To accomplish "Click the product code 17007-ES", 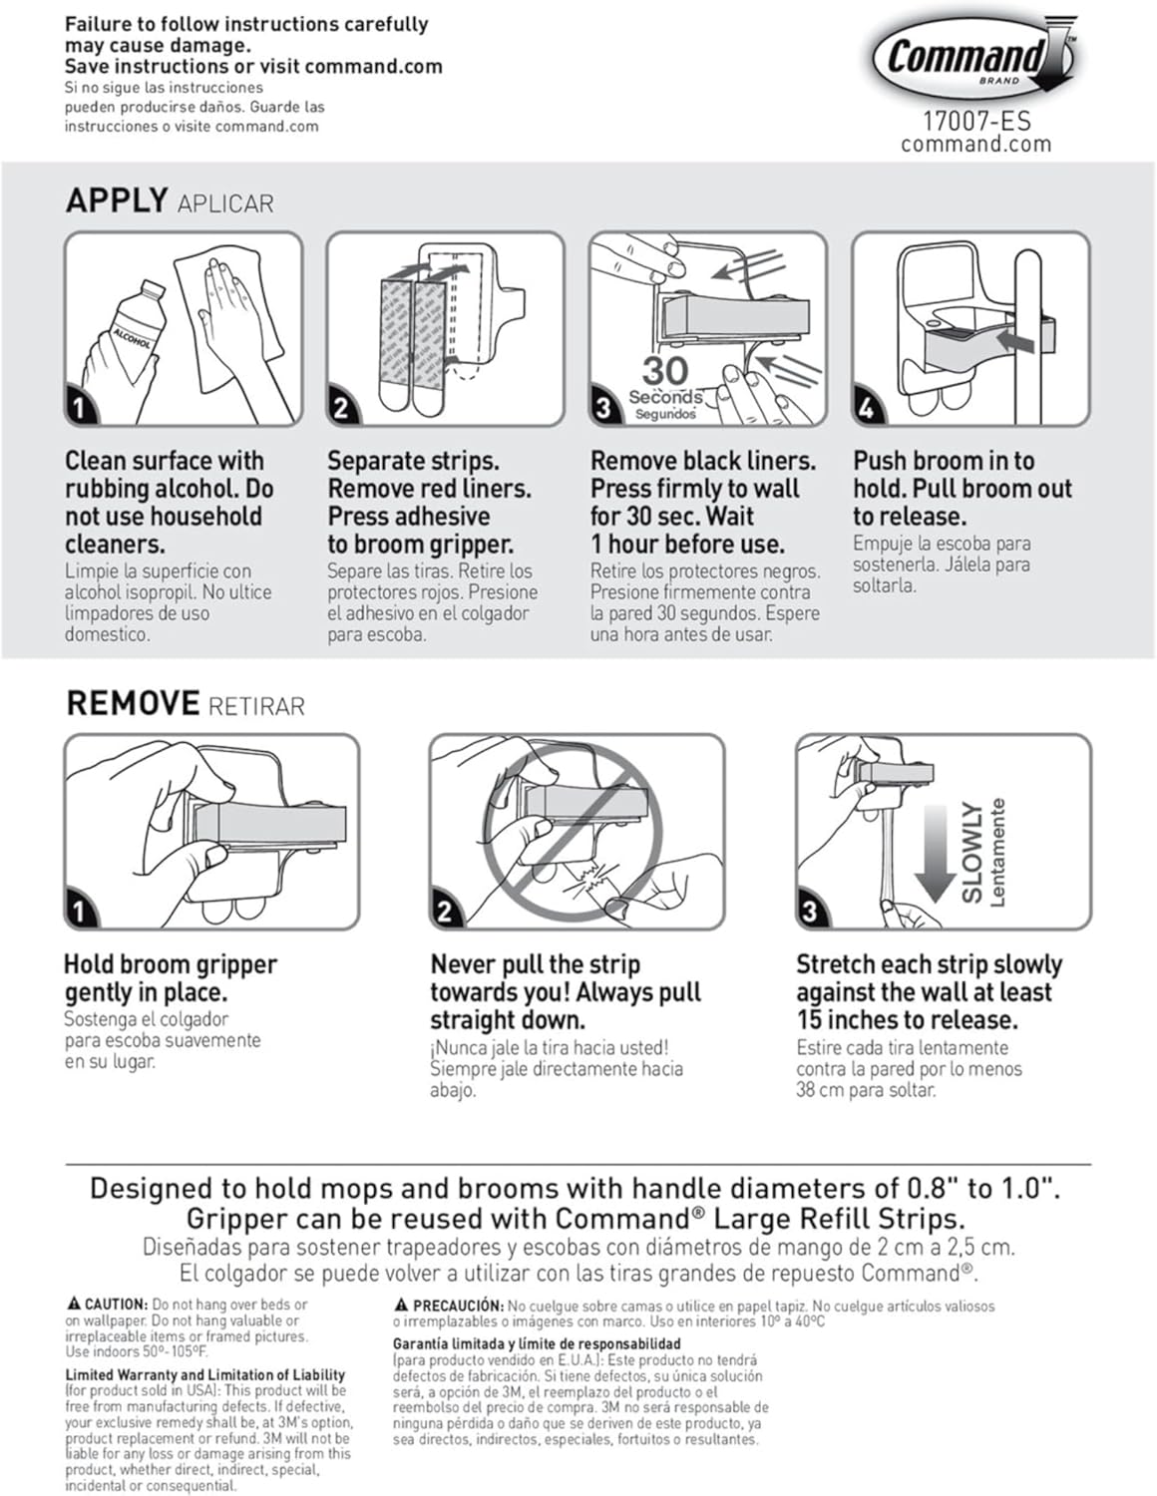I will pyautogui.click(x=975, y=122).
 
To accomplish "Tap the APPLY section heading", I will pyautogui.click(x=116, y=200).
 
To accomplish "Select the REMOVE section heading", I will pyautogui.click(x=132, y=703).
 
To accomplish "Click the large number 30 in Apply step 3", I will pyautogui.click(x=664, y=371).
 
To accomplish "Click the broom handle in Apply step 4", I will pyautogui.click(x=1027, y=329).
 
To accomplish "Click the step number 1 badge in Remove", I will pyautogui.click(x=80, y=910).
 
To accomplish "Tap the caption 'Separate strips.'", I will pyautogui.click(x=413, y=461).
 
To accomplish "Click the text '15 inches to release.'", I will pyautogui.click(x=907, y=1020).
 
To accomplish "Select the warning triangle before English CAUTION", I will pyautogui.click(x=73, y=1304).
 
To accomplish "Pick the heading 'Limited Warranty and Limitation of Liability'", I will pyautogui.click(x=204, y=1374).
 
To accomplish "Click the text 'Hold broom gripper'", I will pyautogui.click(x=170, y=964).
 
